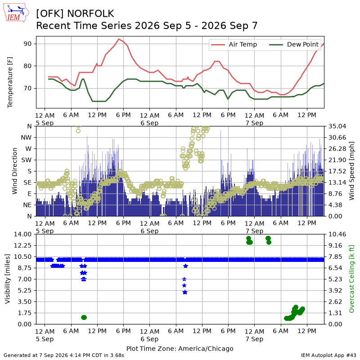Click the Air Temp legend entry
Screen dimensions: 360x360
234,44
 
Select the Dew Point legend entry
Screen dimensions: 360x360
294,44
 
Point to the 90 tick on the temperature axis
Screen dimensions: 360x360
27,44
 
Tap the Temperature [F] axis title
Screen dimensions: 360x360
10,82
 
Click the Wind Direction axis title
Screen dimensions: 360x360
15,171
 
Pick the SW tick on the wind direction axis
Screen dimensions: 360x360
27,160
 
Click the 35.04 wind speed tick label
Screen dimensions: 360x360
337,126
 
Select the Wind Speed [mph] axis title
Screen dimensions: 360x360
351,171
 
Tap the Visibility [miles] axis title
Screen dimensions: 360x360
8,279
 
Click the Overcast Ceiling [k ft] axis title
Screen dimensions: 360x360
351,279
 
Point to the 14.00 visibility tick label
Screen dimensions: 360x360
22,234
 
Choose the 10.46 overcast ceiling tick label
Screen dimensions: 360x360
337,234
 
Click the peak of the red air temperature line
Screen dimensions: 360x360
119,39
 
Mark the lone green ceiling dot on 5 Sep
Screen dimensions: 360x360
84,317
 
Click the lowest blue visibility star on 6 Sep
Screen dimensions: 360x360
185,292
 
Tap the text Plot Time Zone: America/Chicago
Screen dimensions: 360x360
180,348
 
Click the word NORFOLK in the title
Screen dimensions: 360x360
91,13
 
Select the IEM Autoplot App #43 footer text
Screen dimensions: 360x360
328,355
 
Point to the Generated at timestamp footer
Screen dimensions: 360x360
64,355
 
